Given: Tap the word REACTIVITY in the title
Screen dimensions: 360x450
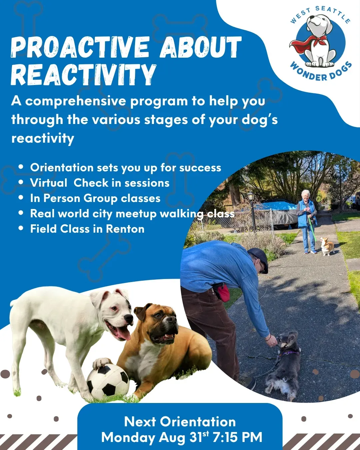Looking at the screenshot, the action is point(84,75).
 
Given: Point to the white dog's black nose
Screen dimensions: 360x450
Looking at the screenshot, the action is point(128,319).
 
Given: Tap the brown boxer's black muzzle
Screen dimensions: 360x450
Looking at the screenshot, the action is point(166,332).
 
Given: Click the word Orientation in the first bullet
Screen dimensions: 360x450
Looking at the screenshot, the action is point(62,167).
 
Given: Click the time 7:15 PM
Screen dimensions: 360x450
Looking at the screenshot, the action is point(237,437).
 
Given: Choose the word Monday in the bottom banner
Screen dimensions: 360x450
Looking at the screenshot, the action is point(128,437).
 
